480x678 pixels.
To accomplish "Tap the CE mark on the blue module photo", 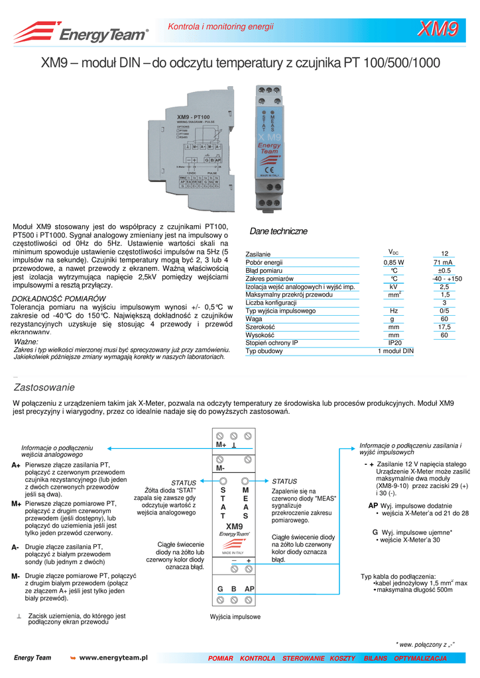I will coord(269,168).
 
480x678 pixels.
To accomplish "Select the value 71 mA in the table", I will coord(444,262).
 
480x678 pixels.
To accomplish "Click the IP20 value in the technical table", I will coord(394,343).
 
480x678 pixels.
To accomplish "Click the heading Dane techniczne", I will coord(278,231).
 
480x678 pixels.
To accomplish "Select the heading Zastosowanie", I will coord(44,387).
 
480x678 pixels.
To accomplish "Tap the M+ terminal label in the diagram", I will coord(221,446).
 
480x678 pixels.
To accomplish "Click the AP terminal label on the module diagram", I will coord(249,589).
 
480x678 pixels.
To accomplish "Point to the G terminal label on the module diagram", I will coord(220,589).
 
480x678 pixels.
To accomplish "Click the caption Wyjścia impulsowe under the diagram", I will coord(235,616).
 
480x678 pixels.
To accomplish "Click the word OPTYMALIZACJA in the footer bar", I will coord(420,658).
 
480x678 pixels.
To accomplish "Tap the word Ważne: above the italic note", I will coord(27,342).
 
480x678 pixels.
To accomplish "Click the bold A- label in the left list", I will coord(15,548).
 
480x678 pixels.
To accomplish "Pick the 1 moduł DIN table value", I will coord(395,351).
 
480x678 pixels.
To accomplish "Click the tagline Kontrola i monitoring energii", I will coord(220,26).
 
